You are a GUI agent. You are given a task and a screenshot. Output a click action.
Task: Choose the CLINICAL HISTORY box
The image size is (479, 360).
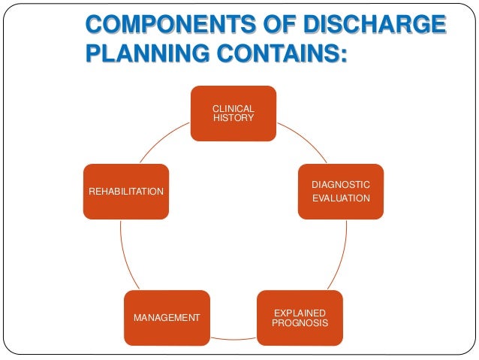point(233,113)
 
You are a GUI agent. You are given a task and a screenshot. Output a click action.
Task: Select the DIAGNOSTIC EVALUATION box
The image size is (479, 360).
point(340,191)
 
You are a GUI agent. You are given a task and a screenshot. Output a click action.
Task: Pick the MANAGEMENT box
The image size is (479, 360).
point(167,317)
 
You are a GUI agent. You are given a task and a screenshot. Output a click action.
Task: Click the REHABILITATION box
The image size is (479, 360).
point(125,191)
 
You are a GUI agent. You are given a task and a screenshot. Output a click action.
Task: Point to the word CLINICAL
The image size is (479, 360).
point(233,108)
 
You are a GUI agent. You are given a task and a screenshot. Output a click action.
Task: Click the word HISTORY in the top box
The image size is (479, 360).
point(233,119)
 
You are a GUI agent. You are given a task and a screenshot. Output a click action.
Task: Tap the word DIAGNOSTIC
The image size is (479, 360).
point(341,184)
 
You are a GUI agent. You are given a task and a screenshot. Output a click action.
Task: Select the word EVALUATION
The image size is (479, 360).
point(341,198)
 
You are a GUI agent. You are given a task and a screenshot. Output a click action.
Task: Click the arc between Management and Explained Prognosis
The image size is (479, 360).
point(233,339)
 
